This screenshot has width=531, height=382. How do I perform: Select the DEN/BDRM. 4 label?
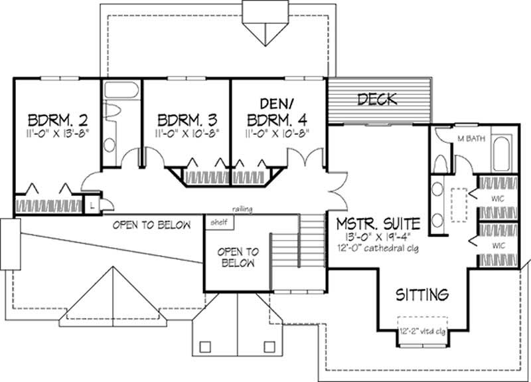tap(277, 112)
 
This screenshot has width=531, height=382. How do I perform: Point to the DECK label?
tap(376, 100)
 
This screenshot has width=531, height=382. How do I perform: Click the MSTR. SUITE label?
tap(377, 221)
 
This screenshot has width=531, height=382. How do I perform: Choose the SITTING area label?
tap(423, 293)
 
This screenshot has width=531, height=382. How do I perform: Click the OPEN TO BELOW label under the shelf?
tap(237, 257)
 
